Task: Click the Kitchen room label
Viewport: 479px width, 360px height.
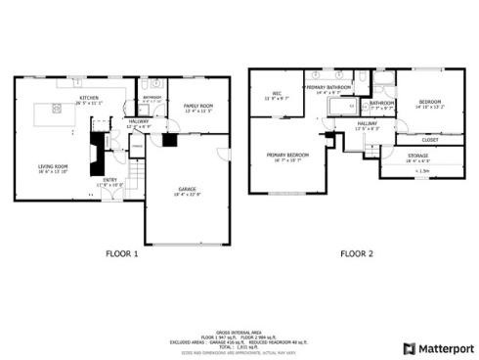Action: (x=89, y=99)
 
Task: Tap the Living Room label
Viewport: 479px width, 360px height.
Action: (x=53, y=167)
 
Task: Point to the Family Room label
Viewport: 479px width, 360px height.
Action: (x=198, y=106)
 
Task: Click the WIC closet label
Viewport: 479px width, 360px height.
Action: (x=277, y=94)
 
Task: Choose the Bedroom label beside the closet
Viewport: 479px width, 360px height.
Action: (x=430, y=102)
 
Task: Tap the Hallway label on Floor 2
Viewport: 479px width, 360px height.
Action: (x=367, y=123)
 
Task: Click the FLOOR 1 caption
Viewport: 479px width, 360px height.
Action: (x=122, y=253)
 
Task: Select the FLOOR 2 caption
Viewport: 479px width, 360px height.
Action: (x=357, y=253)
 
